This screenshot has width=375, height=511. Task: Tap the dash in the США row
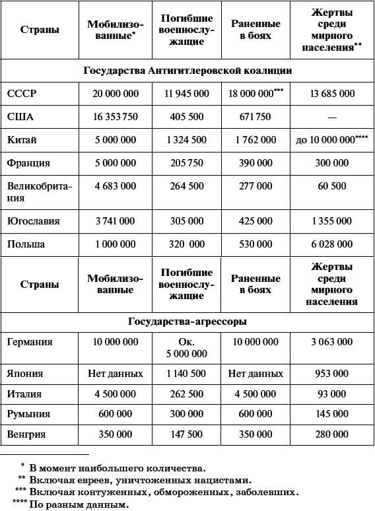click(331, 118)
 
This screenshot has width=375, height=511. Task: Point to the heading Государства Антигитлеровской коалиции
click(187, 70)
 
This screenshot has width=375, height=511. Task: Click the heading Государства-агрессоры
click(187, 322)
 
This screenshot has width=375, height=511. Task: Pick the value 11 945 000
click(186, 94)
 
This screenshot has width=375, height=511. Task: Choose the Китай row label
click(22, 140)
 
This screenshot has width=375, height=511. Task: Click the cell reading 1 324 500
click(186, 140)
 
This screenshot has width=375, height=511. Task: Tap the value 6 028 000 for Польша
click(331, 244)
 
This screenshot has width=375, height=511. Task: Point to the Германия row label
click(30, 342)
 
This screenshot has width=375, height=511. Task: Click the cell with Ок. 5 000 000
click(186, 348)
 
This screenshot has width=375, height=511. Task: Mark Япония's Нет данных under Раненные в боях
click(256, 374)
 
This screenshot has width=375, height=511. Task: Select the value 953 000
click(331, 374)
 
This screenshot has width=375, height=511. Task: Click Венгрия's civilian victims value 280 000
click(331, 434)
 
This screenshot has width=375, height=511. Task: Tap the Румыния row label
click(28, 414)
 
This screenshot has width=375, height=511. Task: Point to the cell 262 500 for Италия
click(186, 394)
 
